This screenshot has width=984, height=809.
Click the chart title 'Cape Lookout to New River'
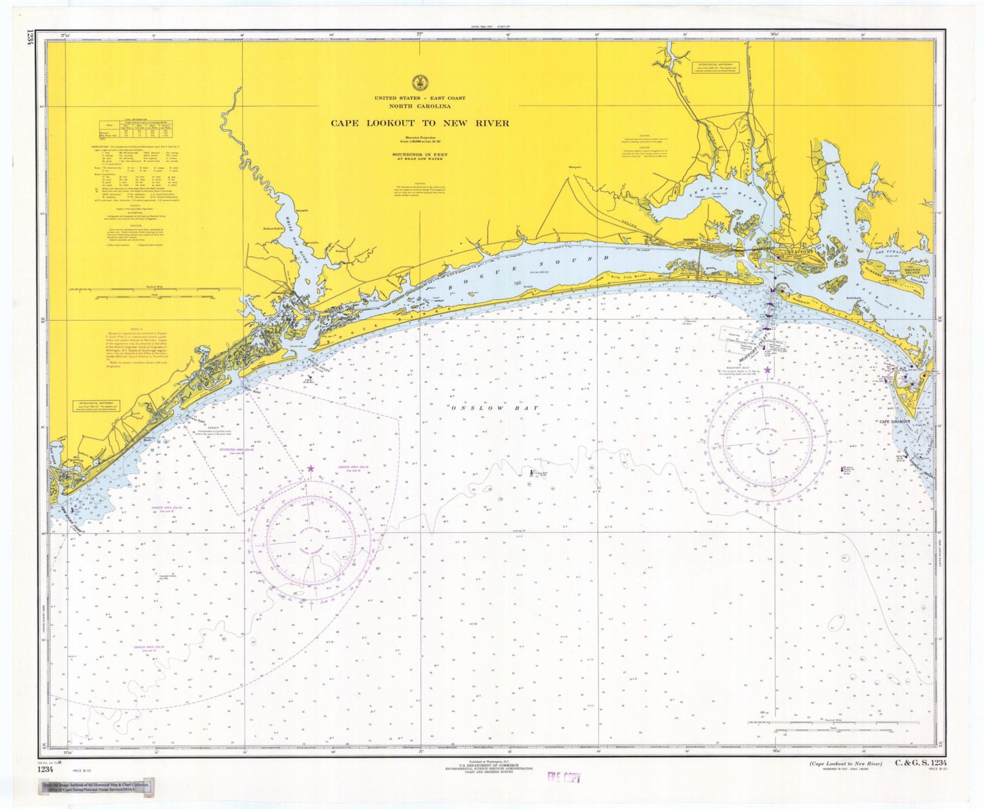(419, 123)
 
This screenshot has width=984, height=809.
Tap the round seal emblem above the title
(419, 83)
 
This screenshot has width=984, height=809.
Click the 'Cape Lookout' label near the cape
(895, 422)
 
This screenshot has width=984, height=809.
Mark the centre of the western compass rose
(310, 539)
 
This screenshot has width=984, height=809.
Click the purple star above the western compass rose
(310, 468)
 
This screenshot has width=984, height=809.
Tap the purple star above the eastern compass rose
(767, 371)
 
